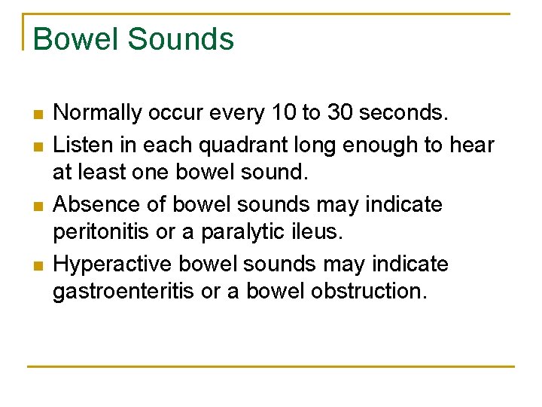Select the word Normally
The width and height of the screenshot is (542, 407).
[x=98, y=114]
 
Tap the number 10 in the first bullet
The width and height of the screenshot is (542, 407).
[x=284, y=114]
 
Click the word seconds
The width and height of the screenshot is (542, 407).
[x=404, y=114]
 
